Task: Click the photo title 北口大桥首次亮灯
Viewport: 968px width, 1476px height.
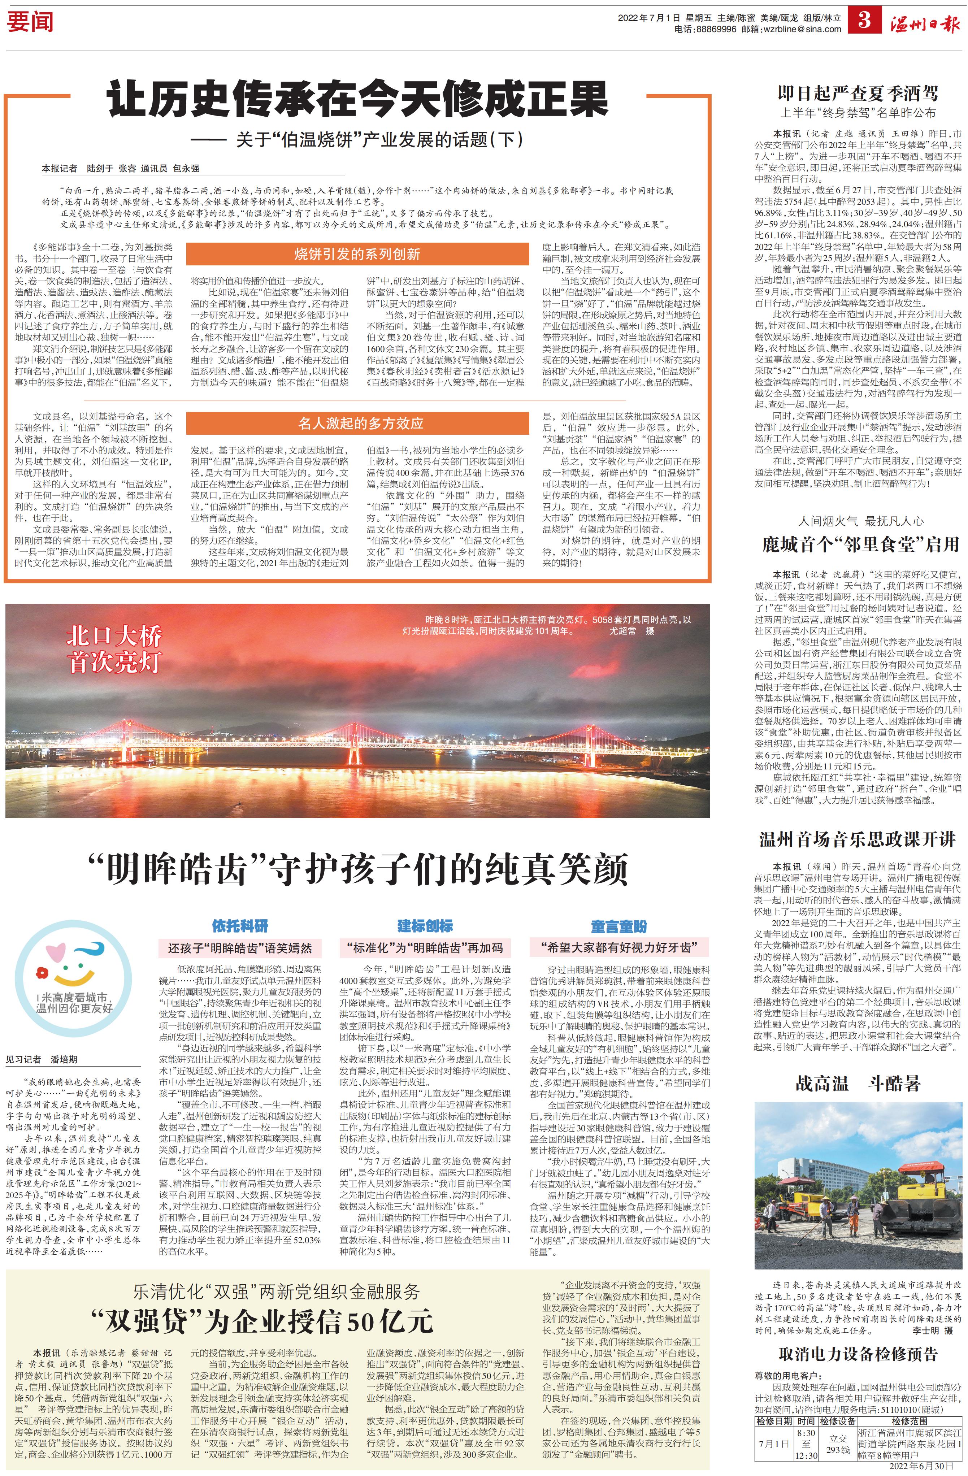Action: point(114,649)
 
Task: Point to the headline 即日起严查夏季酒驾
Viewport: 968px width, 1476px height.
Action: point(858,93)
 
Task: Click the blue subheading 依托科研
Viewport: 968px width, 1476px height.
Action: point(240,926)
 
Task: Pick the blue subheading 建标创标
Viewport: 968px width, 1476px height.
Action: point(425,926)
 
